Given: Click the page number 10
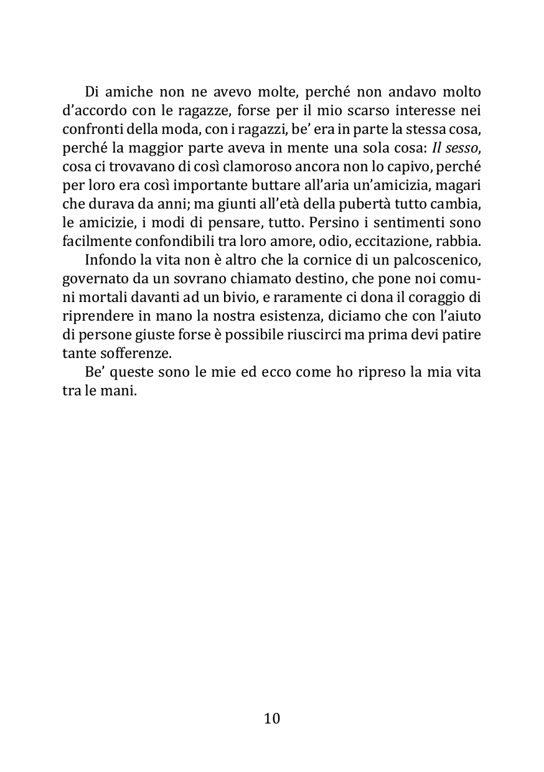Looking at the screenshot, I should point(272,718).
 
